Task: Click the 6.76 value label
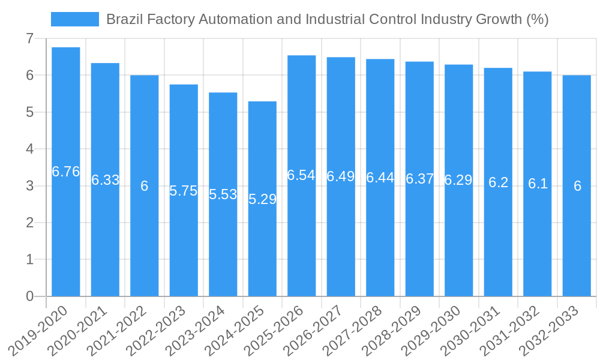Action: pos(66,172)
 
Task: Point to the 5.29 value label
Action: pos(262,199)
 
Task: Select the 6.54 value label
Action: pos(301,175)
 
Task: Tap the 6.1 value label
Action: pos(538,184)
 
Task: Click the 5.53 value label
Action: pos(223,194)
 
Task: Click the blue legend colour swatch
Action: pos(75,19)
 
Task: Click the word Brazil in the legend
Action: pos(122,19)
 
